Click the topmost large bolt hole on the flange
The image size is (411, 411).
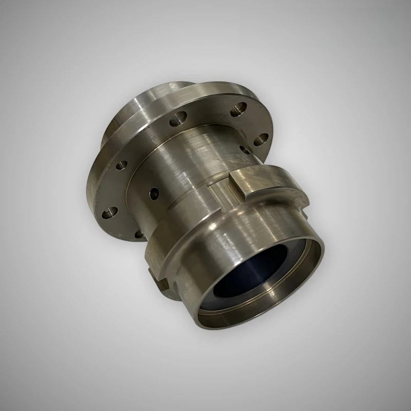pyautogui.click(x=238, y=108)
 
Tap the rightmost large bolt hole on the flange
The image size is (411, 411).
pyautogui.click(x=259, y=138)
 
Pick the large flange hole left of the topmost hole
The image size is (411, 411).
pyautogui.click(x=179, y=118)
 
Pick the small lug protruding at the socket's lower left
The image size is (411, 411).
pyautogui.click(x=161, y=283)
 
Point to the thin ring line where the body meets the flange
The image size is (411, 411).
pyautogui.click(x=154, y=154)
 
